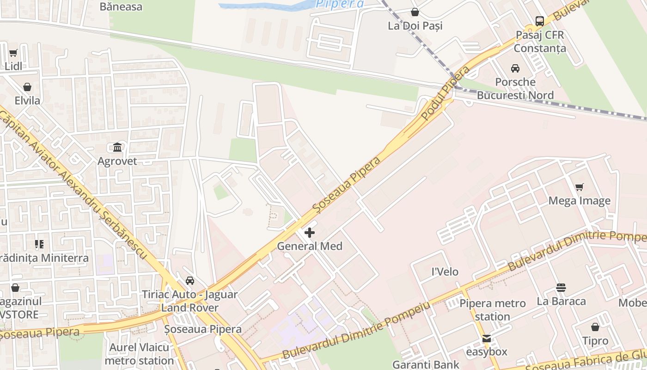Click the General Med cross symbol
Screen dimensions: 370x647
(x=310, y=232)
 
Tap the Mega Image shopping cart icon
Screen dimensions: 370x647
(x=579, y=187)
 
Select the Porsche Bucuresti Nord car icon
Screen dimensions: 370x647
(x=515, y=68)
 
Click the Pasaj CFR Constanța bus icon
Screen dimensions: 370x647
(x=539, y=21)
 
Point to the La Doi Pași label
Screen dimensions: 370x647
(x=415, y=25)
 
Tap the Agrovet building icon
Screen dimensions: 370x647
(x=117, y=148)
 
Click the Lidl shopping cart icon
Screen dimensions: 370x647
(x=13, y=53)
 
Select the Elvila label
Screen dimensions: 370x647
(x=27, y=100)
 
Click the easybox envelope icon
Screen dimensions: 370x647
(x=486, y=339)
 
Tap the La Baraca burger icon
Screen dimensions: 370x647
(x=561, y=288)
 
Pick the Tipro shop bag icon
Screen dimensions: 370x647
(x=595, y=327)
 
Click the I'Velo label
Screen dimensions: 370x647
(x=445, y=271)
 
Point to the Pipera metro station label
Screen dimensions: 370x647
(x=492, y=310)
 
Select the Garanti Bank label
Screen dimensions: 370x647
(x=426, y=364)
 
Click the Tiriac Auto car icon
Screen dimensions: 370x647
(x=189, y=281)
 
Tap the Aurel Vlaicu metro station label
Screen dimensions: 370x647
(x=139, y=354)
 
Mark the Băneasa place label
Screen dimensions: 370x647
(x=121, y=6)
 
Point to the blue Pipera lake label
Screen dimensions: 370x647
(x=339, y=4)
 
